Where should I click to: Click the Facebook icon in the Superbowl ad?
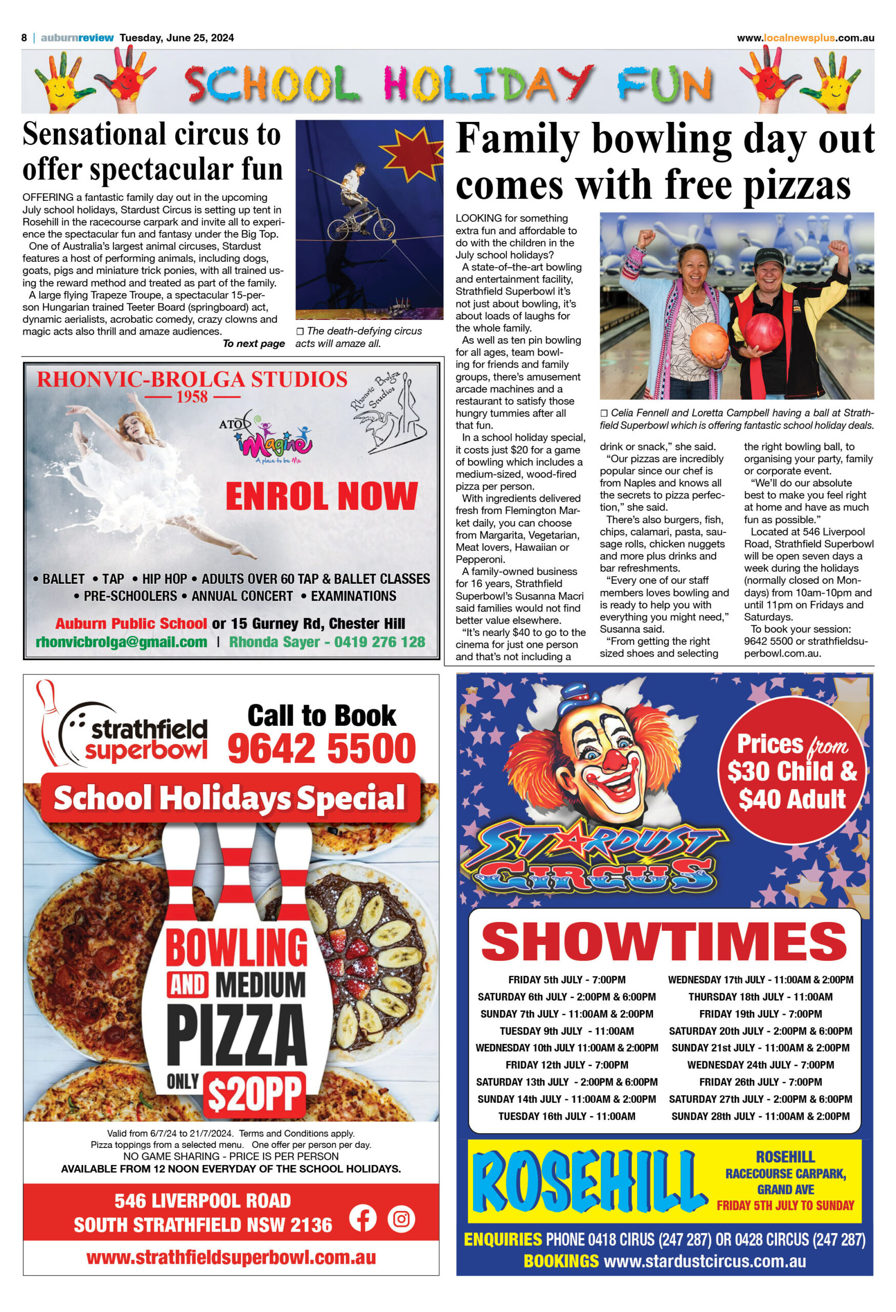[x=362, y=1218]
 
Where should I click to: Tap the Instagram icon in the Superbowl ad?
[x=401, y=1219]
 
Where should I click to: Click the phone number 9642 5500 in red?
[x=322, y=748]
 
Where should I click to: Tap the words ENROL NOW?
[x=321, y=496]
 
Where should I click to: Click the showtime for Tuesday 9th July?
[x=566, y=1030]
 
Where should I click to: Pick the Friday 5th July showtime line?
[x=566, y=979]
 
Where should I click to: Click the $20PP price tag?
[x=255, y=1094]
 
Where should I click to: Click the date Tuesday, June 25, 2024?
[x=177, y=38]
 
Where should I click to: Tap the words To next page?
[x=254, y=343]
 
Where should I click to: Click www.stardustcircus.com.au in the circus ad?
[x=705, y=1261]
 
